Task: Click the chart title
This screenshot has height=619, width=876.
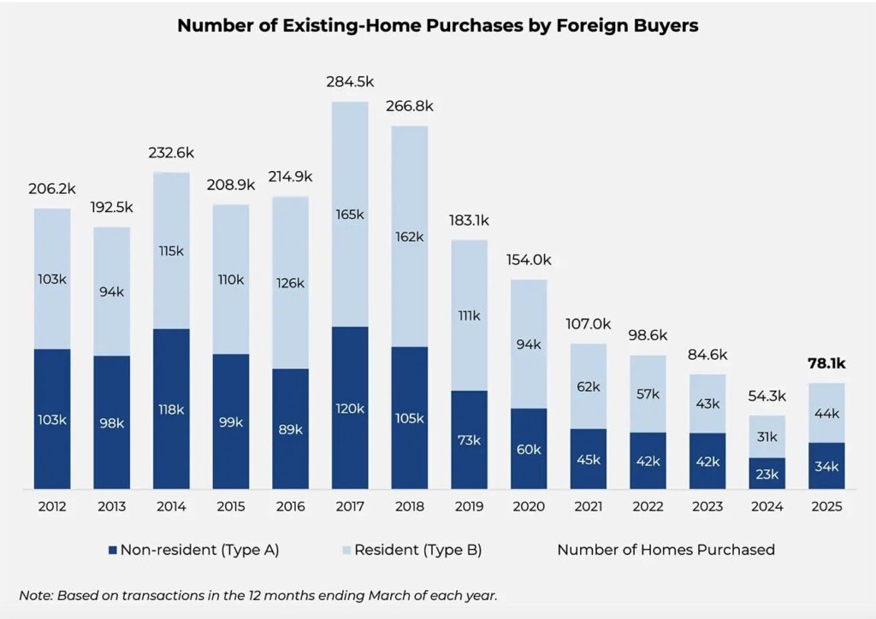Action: tap(437, 27)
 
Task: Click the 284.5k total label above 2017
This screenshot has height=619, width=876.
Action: tap(350, 82)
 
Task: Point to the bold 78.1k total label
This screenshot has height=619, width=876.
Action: tap(827, 363)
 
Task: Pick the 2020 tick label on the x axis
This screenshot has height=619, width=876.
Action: tap(529, 507)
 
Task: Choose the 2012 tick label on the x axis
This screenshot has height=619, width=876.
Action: tap(53, 507)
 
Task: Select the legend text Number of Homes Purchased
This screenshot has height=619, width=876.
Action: tap(666, 550)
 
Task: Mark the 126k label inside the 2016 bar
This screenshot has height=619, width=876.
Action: tap(290, 282)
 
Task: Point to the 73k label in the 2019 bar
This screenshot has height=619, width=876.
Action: tap(469, 439)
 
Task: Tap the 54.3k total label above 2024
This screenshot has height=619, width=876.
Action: tap(767, 397)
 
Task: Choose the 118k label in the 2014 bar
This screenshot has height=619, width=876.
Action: tap(171, 410)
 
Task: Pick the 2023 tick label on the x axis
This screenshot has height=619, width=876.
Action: tap(707, 507)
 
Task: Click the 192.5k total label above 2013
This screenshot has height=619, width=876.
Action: tap(112, 208)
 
